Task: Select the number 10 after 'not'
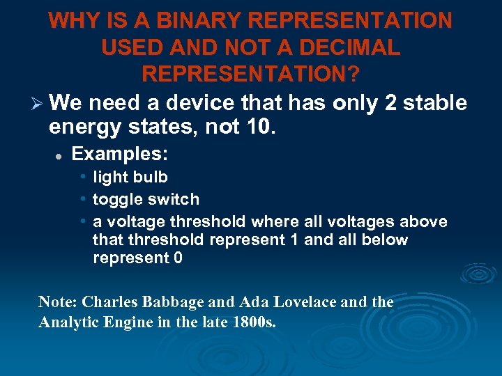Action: (264, 127)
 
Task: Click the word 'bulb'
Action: (151, 177)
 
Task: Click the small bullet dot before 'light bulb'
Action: (83, 177)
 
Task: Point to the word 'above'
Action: (423, 221)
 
